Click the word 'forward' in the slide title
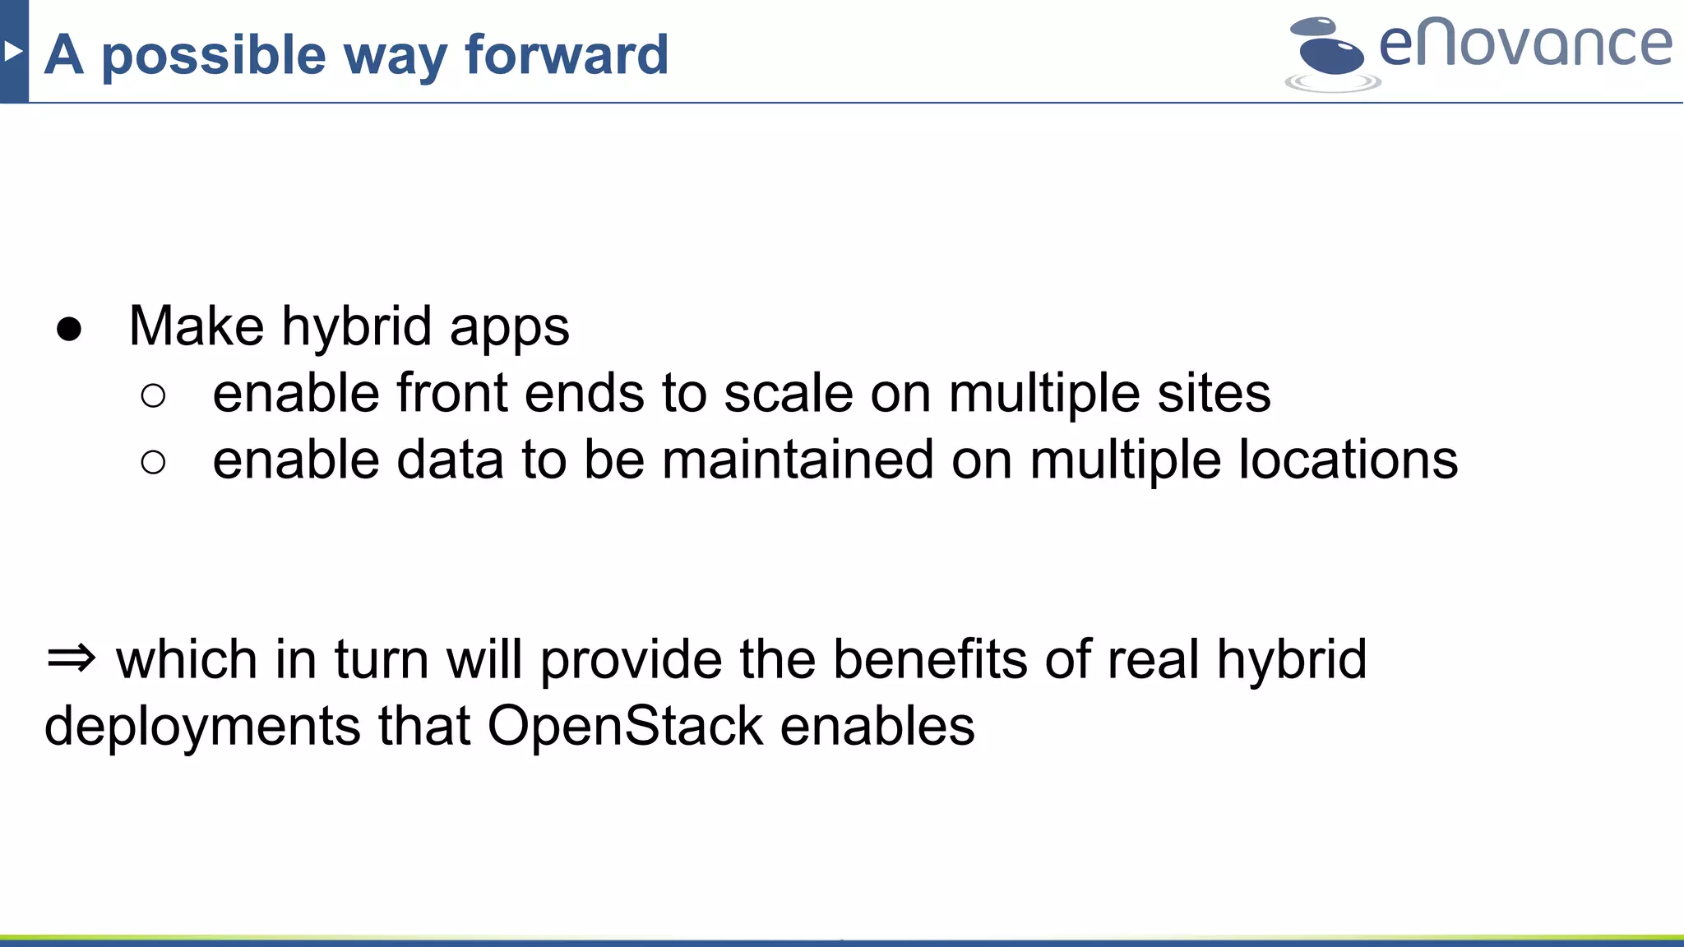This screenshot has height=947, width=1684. (567, 55)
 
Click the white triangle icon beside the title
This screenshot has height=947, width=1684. (12, 52)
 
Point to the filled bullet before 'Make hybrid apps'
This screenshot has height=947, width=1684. (69, 330)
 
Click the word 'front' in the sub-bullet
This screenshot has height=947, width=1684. (451, 393)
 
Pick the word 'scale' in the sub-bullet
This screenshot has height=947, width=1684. (788, 393)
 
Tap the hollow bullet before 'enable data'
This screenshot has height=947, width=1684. (153, 463)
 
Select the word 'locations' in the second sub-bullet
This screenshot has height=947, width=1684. (1348, 460)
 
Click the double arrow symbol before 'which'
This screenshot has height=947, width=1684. (72, 658)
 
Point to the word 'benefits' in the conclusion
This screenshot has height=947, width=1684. (930, 659)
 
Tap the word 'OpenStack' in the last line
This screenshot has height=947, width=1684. (625, 726)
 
